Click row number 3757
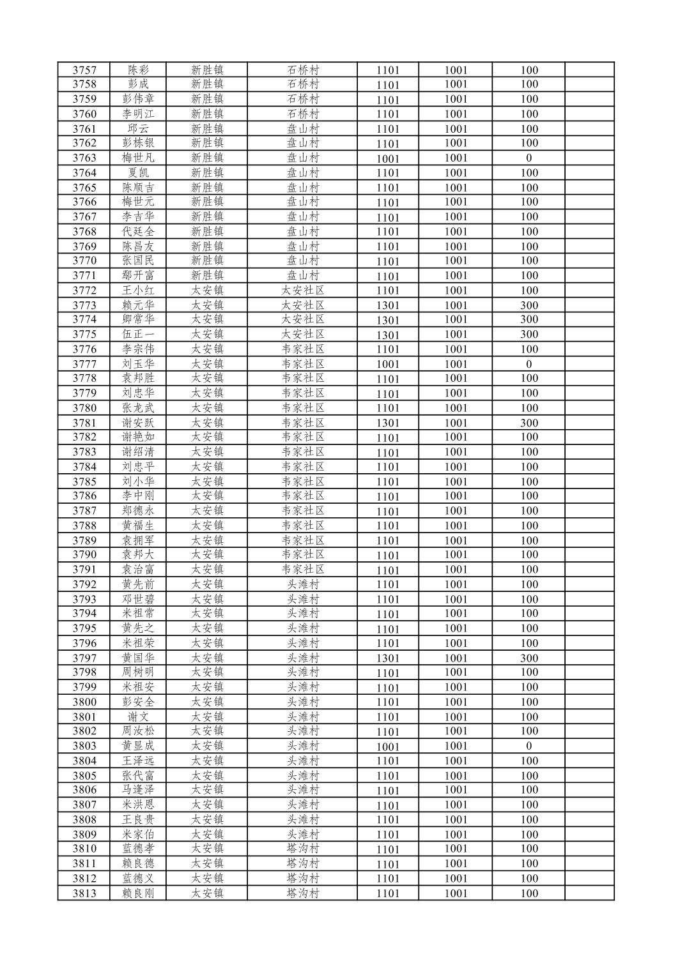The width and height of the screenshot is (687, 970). click(x=84, y=70)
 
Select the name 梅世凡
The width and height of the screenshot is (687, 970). click(x=138, y=158)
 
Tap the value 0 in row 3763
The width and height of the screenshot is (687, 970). click(x=529, y=158)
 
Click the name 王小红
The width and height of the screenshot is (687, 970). click(x=138, y=291)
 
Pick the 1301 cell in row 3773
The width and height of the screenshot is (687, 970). click(x=387, y=305)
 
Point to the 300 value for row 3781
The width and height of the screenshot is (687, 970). click(x=529, y=423)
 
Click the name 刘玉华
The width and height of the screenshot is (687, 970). click(x=138, y=364)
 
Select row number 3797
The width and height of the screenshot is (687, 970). click(x=84, y=658)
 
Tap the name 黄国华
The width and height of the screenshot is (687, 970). click(x=138, y=658)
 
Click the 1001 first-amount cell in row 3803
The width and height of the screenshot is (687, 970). click(x=387, y=746)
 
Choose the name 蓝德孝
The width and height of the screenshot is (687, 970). click(x=138, y=849)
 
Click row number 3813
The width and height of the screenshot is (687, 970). click(x=84, y=893)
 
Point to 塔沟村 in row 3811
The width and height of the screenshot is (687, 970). click(x=302, y=863)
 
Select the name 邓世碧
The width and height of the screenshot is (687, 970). click(x=138, y=599)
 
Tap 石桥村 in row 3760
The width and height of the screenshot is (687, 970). click(x=302, y=114)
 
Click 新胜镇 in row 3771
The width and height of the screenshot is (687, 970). click(x=207, y=275)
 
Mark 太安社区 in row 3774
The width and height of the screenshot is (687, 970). click(x=302, y=319)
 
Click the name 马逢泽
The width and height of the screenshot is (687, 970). click(x=138, y=790)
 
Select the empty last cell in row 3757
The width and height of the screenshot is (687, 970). click(x=589, y=70)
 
